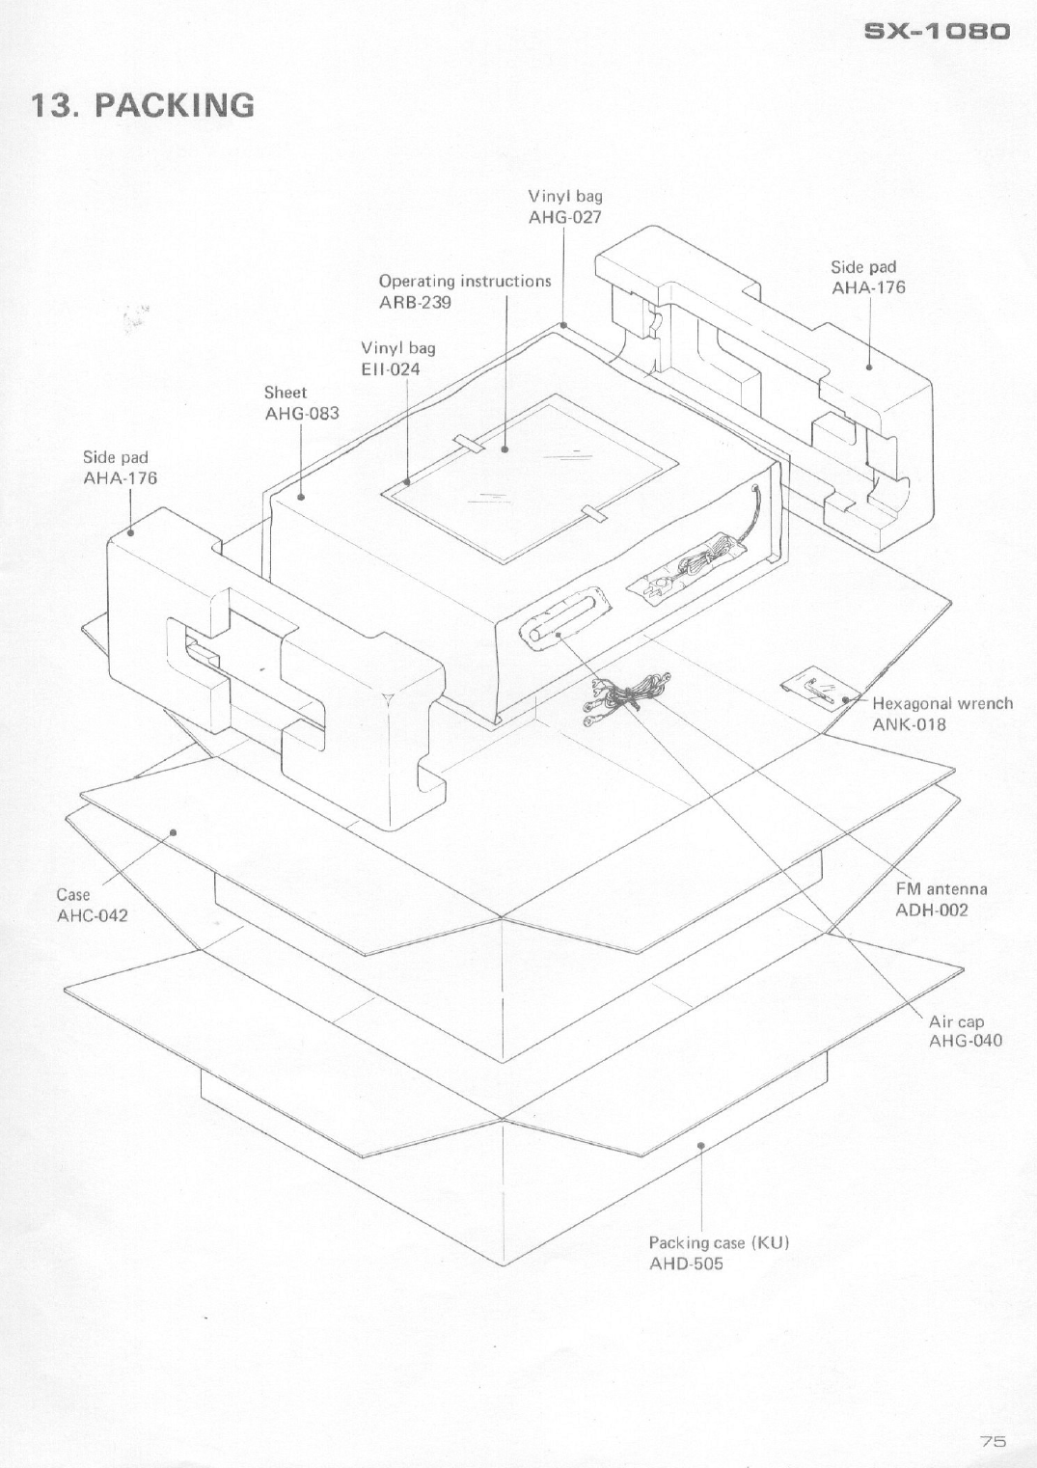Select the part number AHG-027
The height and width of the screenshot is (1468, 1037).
pos(565,217)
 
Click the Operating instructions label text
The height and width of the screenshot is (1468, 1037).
pos(464,282)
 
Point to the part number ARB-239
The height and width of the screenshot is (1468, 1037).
pos(415,302)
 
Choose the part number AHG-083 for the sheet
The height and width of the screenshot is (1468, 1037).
pos(302,414)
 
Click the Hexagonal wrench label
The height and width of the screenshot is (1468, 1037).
pos(941,703)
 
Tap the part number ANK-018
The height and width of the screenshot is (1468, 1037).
pos(909,724)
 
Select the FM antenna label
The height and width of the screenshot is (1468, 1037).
pos(941,889)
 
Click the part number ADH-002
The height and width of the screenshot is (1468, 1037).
pos(931,910)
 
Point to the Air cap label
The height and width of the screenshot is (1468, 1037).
pos(956,1021)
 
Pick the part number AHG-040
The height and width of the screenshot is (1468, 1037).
pos(965,1041)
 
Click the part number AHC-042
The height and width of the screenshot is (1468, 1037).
pos(92,915)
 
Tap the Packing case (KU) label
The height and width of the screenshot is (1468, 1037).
pos(719,1242)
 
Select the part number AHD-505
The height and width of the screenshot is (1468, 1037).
pos(685,1264)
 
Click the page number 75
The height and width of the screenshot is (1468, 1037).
pos(993,1441)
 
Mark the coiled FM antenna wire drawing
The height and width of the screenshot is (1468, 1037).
pos(624,693)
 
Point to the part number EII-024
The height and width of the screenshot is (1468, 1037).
pos(391,368)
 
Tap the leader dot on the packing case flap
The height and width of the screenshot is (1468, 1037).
pos(701,1146)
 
